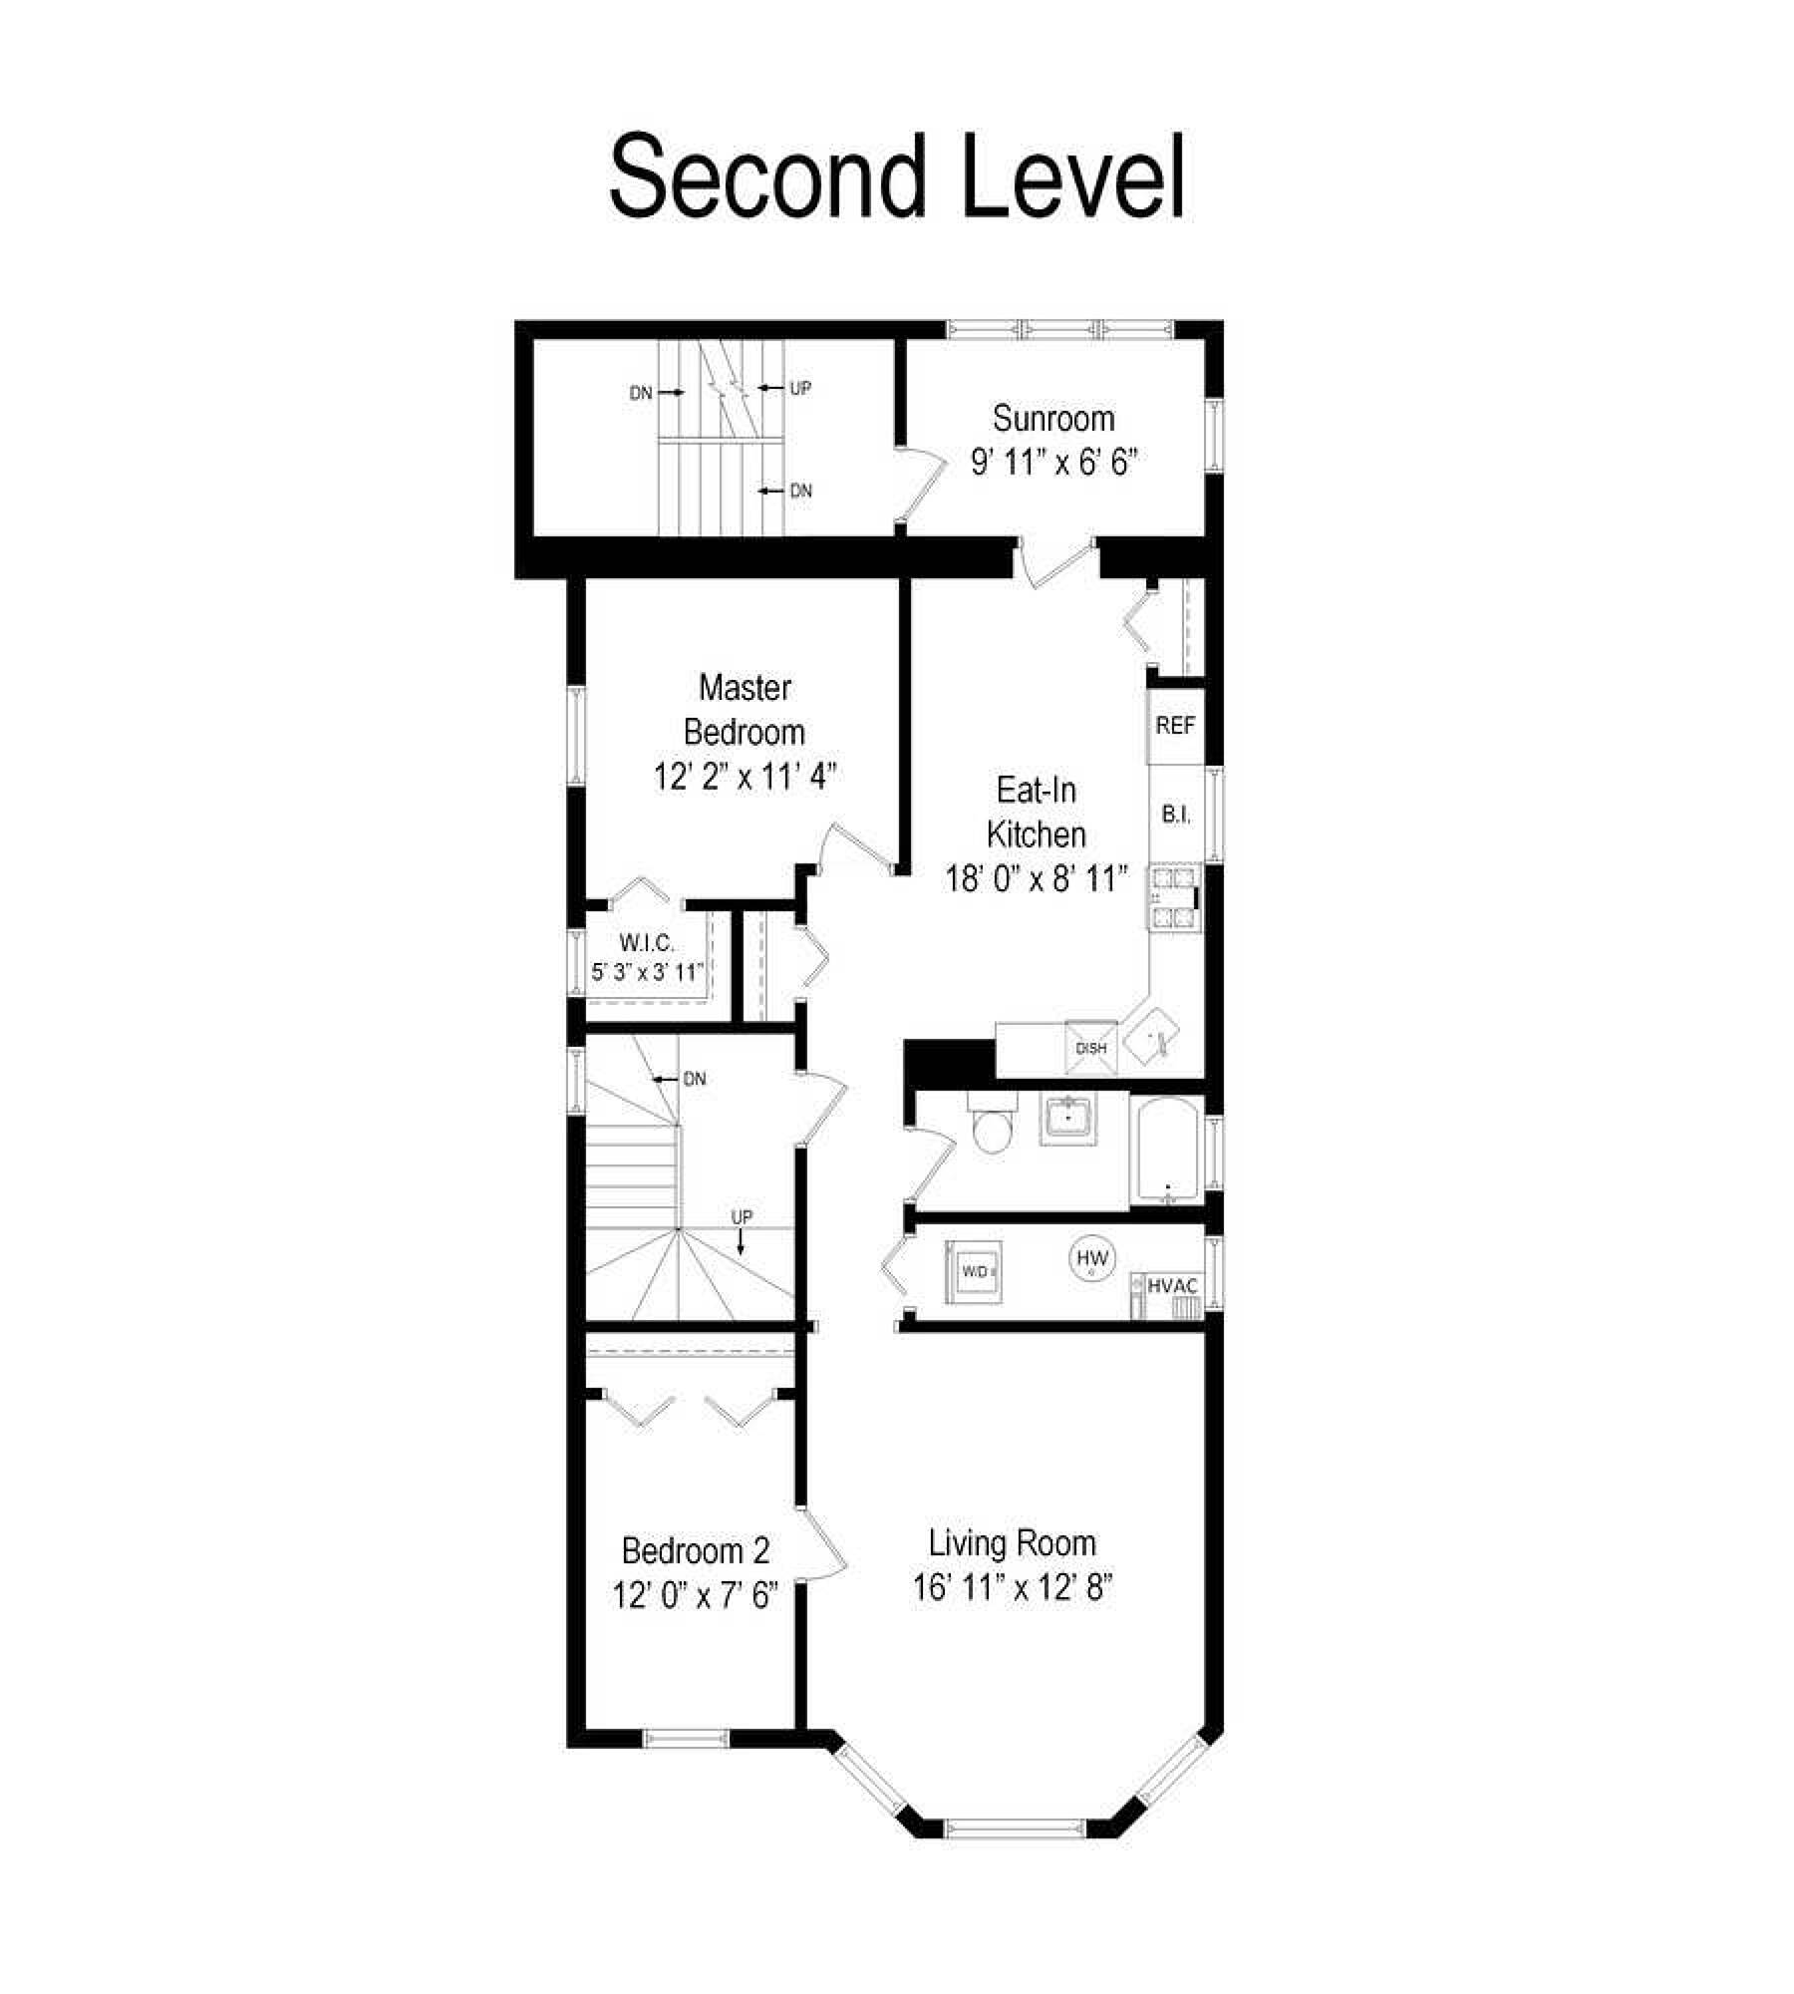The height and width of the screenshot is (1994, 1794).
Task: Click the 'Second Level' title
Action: coord(896,177)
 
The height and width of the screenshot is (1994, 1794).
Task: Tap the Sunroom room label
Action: coord(1053,419)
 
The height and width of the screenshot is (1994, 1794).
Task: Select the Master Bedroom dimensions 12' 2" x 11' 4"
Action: coord(745,777)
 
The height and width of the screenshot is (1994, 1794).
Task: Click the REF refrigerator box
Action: coord(1174,726)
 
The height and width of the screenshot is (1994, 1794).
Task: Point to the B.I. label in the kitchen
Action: coord(1176,815)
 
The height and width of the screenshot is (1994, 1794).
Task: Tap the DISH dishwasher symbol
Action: coord(1091,1048)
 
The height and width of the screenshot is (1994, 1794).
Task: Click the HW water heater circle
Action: coord(1092,1257)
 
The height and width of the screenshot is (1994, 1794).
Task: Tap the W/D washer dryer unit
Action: coord(974,1271)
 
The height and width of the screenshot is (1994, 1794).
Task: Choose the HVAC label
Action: coord(1172,1286)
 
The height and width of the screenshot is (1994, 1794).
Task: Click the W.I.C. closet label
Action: coord(647,942)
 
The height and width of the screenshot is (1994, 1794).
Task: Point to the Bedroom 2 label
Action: coord(696,1551)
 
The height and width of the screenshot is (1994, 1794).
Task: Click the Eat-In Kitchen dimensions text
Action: coord(1037,878)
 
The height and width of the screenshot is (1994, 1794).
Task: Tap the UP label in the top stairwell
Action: coord(800,389)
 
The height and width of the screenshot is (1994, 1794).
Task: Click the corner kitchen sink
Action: coord(1152,1037)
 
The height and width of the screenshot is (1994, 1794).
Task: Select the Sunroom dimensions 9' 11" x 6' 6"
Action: coord(1053,463)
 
